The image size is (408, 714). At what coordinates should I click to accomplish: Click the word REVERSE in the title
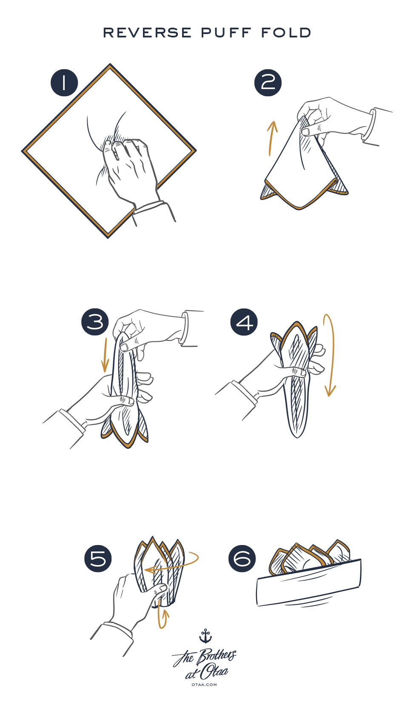click(147, 33)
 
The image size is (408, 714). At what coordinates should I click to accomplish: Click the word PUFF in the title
click(226, 33)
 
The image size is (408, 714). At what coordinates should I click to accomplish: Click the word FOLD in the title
click(286, 33)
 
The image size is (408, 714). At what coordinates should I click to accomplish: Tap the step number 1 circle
click(64, 83)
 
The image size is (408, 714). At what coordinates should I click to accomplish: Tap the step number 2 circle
click(268, 83)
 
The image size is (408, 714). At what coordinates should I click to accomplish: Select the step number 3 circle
click(95, 322)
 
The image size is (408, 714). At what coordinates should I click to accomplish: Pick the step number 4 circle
click(244, 322)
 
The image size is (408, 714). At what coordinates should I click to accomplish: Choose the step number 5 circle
click(98, 558)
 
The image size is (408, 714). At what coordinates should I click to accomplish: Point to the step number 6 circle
click(242, 558)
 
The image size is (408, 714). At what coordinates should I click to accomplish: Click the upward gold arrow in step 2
click(271, 139)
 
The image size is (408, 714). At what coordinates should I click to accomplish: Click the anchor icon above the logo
click(205, 636)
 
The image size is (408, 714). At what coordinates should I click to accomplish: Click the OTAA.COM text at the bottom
click(204, 684)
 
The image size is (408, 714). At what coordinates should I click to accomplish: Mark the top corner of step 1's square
click(110, 64)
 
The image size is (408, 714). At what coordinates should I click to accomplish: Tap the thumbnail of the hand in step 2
click(305, 131)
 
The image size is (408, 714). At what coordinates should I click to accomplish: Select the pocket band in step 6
click(309, 582)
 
